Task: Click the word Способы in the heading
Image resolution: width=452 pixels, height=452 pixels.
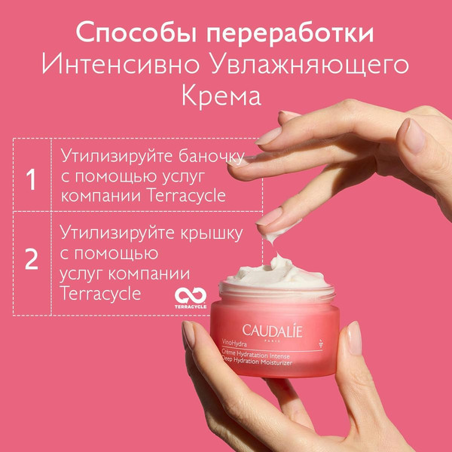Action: click(136, 32)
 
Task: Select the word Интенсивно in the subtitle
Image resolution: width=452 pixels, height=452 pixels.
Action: click(121, 64)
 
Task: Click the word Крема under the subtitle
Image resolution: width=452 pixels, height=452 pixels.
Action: click(221, 96)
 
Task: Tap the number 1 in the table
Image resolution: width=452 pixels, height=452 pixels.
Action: click(31, 179)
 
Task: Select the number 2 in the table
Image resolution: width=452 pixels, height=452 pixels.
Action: click(32, 259)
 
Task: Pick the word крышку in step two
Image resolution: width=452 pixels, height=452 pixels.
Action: click(212, 234)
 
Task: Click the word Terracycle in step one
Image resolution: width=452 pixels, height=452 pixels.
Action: click(187, 195)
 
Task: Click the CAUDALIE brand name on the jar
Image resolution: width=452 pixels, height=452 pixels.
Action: click(272, 331)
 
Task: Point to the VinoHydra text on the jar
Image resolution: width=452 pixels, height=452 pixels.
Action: click(234, 343)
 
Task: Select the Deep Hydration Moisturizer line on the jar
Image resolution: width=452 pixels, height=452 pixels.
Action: click(256, 361)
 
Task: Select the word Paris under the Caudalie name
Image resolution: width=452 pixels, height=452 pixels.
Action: click(272, 341)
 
